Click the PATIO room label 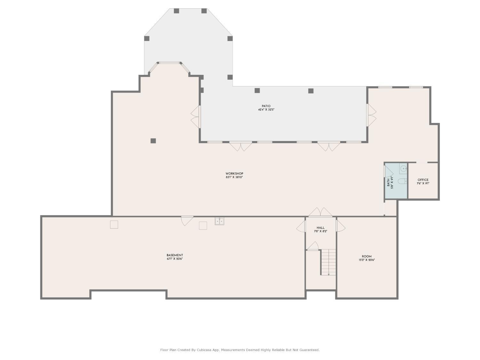(x=266, y=106)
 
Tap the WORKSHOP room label (x=234, y=173)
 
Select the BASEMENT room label (x=175, y=255)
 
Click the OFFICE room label (x=423, y=180)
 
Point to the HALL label (x=320, y=228)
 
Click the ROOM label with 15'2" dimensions (x=367, y=256)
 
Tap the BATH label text (x=388, y=182)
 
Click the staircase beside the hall (x=329, y=262)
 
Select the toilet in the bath (x=402, y=181)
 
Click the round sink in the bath (x=403, y=168)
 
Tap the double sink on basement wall (x=219, y=221)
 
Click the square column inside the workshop (x=153, y=141)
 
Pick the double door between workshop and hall (x=320, y=212)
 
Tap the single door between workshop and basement (x=187, y=220)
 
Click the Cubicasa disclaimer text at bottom (x=240, y=350)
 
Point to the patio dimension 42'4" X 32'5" (x=266, y=110)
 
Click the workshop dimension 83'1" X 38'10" (x=234, y=177)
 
